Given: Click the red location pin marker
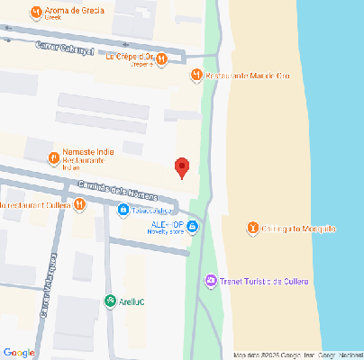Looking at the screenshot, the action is pos(182,167).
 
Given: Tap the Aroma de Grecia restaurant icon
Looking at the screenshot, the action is pos(35,13).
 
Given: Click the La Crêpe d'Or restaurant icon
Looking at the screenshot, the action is pos(161,59).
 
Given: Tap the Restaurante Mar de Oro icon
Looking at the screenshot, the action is pos(197,75).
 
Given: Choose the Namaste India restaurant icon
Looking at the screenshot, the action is pos(54,158).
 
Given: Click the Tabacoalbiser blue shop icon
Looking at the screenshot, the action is pos(123,211).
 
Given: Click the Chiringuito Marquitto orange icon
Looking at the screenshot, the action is pos(253,229).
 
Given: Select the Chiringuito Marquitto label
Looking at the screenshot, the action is pos(299,229).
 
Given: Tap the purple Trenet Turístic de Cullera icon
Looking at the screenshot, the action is pos(211,282).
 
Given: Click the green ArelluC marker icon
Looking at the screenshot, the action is pos(110,301).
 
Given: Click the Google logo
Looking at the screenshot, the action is pos(19,352).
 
